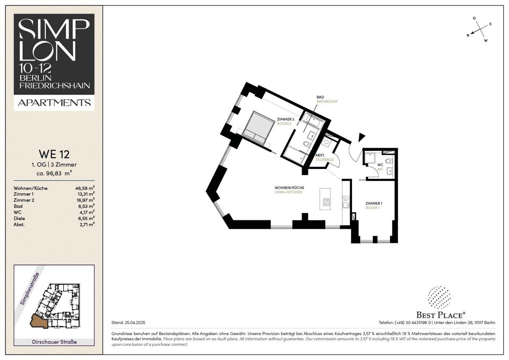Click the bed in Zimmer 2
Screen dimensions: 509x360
point(258,128)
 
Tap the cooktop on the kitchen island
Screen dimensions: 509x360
point(327,202)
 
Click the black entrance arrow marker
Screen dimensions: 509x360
point(361,137)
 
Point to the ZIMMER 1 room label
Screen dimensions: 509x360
point(374,203)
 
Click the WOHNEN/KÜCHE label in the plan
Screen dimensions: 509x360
point(289,188)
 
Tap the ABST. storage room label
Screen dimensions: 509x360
point(320,155)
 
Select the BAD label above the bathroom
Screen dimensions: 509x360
point(320,97)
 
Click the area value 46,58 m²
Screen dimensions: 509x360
point(85,188)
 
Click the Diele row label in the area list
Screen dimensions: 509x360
point(20,218)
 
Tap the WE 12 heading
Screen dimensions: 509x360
point(54,154)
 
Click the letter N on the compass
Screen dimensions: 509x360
point(468,35)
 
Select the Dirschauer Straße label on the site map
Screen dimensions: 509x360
point(54,342)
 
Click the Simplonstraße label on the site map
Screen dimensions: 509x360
point(30,289)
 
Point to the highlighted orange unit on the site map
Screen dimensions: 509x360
point(39,321)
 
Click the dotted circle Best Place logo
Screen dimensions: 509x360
point(439,298)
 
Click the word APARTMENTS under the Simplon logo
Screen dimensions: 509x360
point(54,103)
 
